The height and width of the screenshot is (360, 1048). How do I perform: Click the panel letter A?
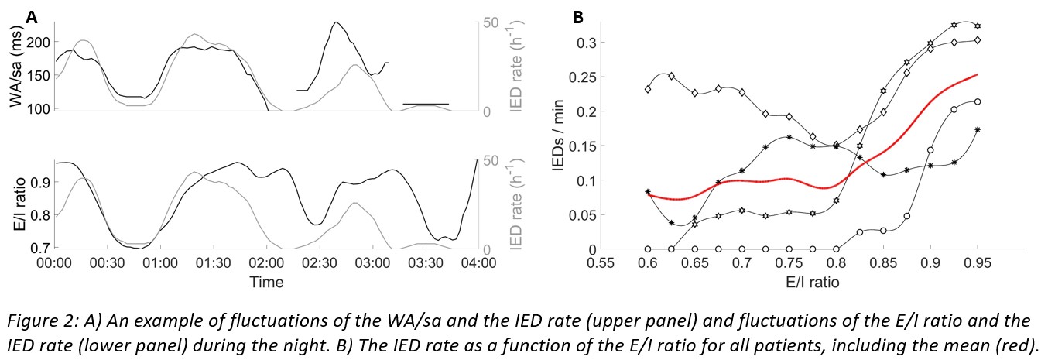click(x=31, y=15)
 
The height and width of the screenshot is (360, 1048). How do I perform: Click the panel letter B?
click(x=577, y=15)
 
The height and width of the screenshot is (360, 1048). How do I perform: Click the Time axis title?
click(x=265, y=282)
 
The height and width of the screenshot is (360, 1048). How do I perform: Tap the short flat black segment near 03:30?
click(x=426, y=104)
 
